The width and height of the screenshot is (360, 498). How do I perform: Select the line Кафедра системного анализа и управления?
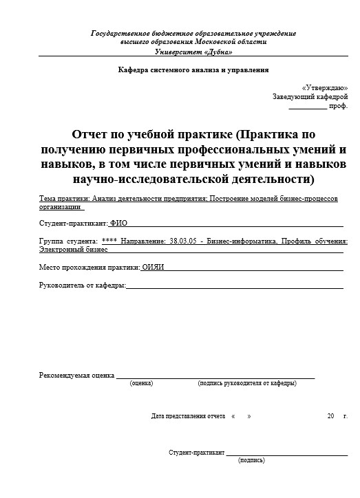tap(193, 70)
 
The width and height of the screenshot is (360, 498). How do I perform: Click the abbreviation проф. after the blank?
tap(339, 107)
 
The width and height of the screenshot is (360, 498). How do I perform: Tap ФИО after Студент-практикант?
tap(118, 224)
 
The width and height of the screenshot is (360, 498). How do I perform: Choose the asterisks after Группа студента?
tap(109, 241)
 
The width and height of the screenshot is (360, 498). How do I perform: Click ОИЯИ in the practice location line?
tap(153, 267)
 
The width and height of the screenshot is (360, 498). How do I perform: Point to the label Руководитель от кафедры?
tap(83, 285)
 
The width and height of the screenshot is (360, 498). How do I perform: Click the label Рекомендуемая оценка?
tap(76, 376)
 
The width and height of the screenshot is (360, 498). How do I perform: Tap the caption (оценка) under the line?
tap(141, 383)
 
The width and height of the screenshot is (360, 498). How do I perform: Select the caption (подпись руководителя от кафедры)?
tap(246, 383)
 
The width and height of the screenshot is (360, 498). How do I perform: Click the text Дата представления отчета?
tap(188, 416)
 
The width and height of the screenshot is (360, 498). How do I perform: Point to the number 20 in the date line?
tap(331, 416)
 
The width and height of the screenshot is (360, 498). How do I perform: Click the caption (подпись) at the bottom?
tap(251, 460)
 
